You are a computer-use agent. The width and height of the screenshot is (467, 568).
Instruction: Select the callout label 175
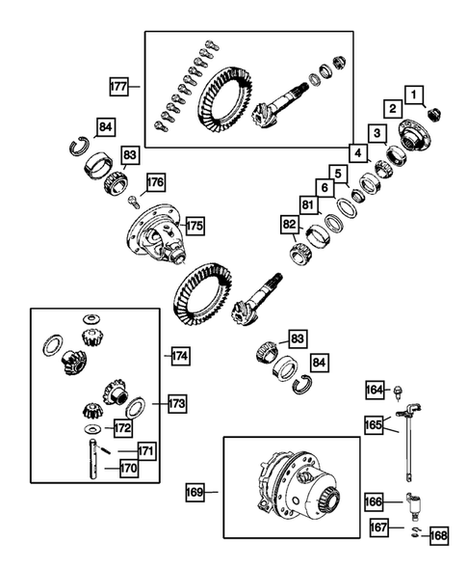(x=195, y=225)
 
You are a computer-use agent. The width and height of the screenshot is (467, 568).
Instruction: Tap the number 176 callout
(x=155, y=180)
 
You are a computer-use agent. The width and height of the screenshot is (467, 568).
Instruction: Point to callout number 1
(x=413, y=94)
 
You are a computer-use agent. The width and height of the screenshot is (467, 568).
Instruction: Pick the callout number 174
(x=179, y=356)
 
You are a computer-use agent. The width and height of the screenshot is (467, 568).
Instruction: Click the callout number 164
(x=375, y=390)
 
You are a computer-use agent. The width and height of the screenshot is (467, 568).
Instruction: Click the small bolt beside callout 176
(x=133, y=200)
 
